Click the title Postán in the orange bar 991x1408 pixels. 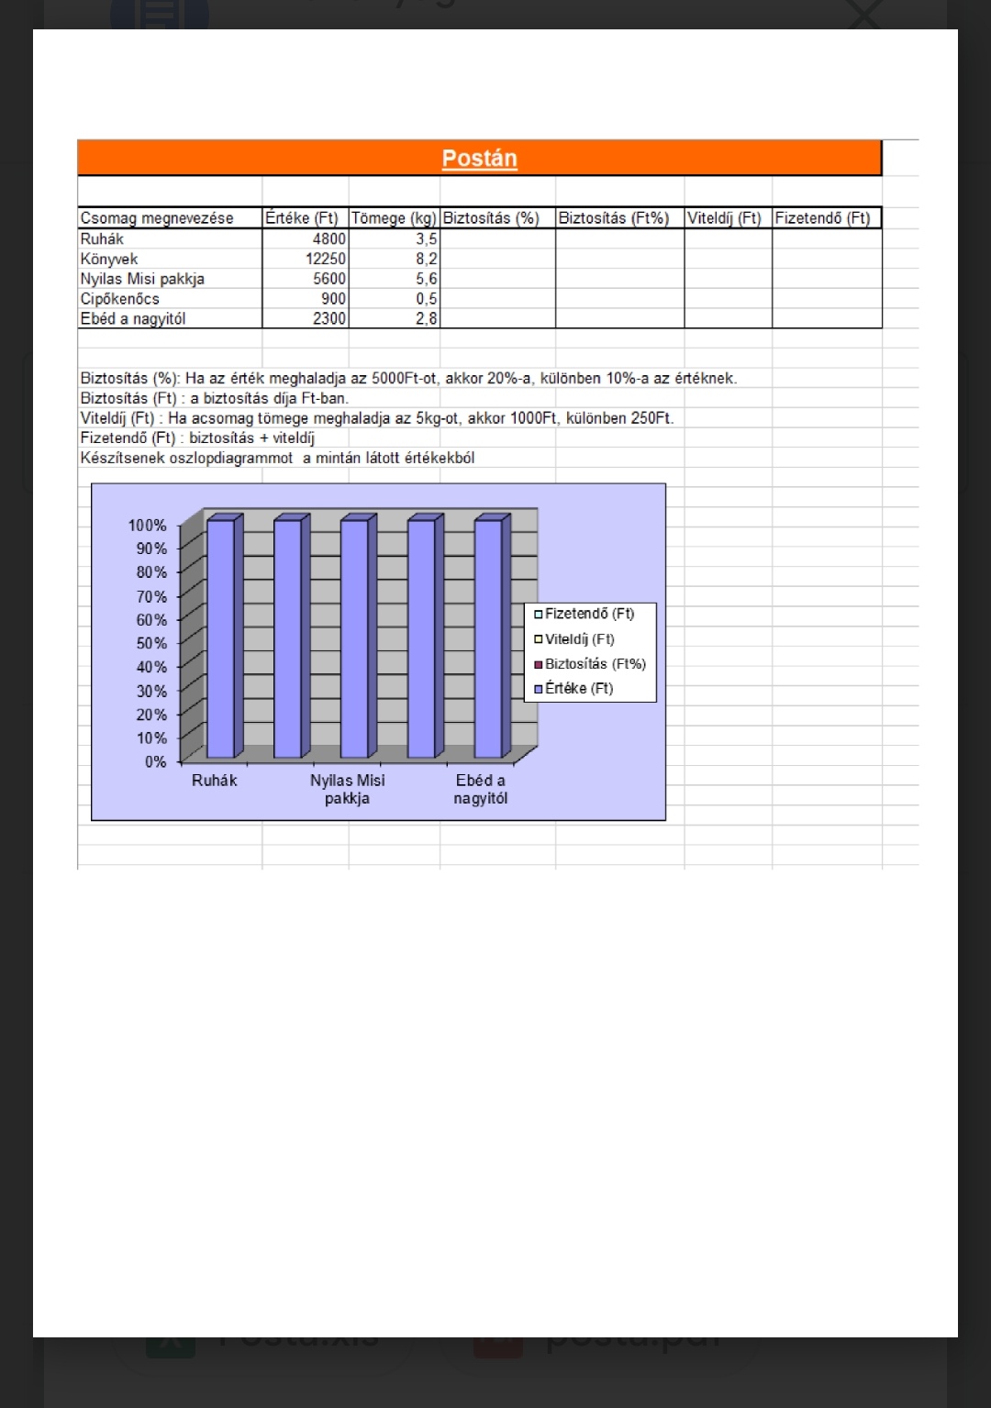[479, 159]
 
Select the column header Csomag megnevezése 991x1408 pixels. [157, 218]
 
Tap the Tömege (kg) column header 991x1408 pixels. [394, 218]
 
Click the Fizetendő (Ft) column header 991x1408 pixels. [822, 218]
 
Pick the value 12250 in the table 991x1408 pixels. [326, 259]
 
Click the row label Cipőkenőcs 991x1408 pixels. [120, 299]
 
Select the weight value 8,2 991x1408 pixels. [427, 259]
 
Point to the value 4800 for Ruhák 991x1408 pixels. [329, 238]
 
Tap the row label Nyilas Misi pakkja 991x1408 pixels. [142, 279]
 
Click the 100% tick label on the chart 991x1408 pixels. [148, 526]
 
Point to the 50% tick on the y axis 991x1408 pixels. [151, 643]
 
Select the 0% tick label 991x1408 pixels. [156, 761]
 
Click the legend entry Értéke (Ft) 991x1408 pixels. [579, 688]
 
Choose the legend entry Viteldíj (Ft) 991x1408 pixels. [580, 639]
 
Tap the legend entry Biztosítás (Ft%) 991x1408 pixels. [596, 664]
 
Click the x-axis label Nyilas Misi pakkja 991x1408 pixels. [347, 789]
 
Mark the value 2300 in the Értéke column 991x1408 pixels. [329, 319]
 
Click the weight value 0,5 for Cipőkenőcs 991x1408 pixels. [427, 299]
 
